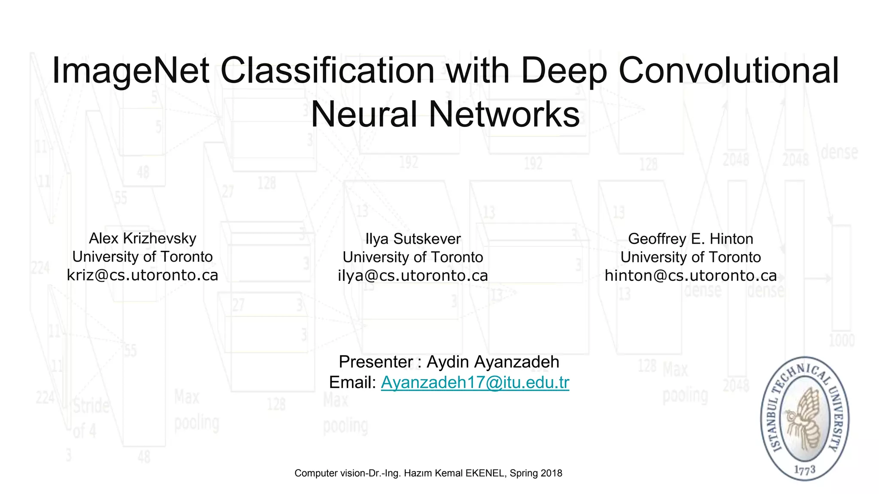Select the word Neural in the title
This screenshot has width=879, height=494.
(365, 114)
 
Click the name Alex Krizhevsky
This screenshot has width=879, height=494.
(142, 238)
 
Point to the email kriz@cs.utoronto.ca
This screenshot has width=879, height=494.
(142, 275)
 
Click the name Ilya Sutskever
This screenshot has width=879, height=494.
(413, 239)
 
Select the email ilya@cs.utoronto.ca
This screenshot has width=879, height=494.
(413, 276)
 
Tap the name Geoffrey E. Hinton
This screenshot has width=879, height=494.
(691, 239)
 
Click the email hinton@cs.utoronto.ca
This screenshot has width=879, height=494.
(691, 276)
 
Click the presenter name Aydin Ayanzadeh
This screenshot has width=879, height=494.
(493, 362)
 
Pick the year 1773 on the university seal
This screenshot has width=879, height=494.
(805, 470)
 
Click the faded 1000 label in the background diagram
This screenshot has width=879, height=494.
(842, 341)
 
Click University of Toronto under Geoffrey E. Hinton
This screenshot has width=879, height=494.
(691, 257)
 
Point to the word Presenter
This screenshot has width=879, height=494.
(376, 362)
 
